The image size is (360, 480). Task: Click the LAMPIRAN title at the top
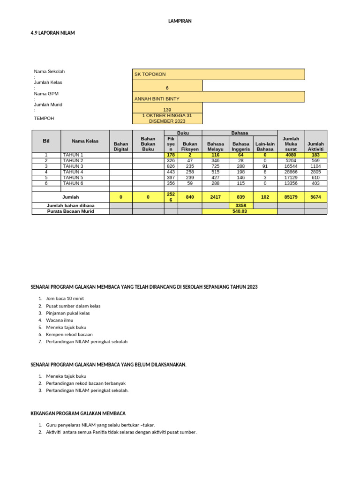(x=180, y=21)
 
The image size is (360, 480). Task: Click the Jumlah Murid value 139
(x=167, y=110)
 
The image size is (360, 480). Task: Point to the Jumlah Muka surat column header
(x=291, y=144)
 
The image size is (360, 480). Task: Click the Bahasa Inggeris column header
(x=241, y=146)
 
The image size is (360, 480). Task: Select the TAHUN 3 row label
(x=73, y=166)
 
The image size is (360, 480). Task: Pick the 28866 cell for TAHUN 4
(x=291, y=172)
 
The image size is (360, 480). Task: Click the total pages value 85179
(x=291, y=197)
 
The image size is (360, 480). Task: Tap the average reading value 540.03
(x=240, y=211)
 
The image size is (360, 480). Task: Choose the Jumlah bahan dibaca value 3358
(x=241, y=206)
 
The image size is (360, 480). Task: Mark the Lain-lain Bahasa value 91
(x=265, y=166)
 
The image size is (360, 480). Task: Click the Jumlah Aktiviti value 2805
(x=315, y=172)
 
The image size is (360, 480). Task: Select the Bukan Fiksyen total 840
(x=190, y=197)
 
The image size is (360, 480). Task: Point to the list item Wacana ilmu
(x=60, y=320)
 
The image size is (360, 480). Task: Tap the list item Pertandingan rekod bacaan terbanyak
(x=86, y=383)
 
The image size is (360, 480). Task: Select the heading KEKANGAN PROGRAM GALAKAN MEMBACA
(x=78, y=413)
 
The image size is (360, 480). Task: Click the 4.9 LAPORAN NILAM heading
(x=52, y=33)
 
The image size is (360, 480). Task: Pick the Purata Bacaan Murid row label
(x=71, y=211)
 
